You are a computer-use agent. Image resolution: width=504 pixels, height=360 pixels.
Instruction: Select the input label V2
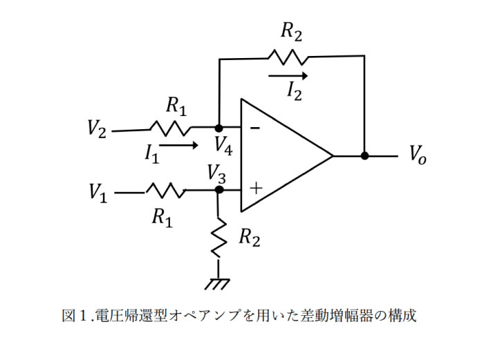pyautogui.click(x=97, y=129)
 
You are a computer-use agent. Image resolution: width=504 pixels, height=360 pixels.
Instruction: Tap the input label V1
pyautogui.click(x=99, y=193)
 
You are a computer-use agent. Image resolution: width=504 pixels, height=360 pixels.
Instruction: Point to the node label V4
pyautogui.click(x=223, y=144)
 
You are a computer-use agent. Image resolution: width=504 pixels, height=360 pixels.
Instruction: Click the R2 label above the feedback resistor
pyautogui.click(x=291, y=31)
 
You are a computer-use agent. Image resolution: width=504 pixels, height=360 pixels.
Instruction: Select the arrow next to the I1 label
pyautogui.click(x=181, y=146)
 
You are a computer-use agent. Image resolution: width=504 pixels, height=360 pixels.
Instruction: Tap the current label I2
pyautogui.click(x=293, y=91)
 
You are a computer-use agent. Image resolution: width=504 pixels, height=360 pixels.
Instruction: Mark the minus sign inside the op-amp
pyautogui.click(x=255, y=129)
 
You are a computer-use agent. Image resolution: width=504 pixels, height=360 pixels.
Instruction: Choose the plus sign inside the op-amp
pyautogui.click(x=256, y=187)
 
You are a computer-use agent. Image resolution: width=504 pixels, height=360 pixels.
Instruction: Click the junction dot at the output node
pyautogui.click(x=364, y=156)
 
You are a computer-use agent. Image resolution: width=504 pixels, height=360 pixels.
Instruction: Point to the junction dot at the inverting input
pyautogui.click(x=219, y=129)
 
